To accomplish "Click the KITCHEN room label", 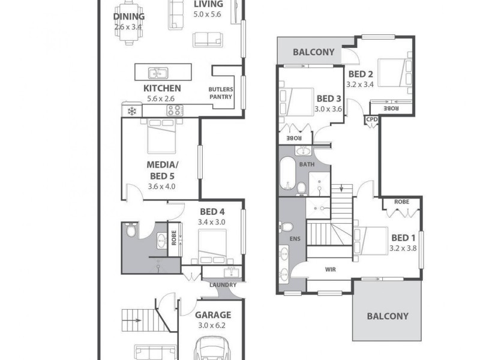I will coord(162,88).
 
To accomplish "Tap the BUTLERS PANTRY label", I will coord(220,93).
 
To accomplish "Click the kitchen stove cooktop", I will coord(175,110).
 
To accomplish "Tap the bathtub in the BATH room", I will coord(287,176).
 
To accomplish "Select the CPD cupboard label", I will coord(372,119).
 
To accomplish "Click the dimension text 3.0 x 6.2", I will coord(212,326).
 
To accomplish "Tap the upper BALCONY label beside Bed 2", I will coord(313,52).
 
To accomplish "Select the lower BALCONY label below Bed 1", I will coord(387,316).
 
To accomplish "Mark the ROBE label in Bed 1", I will coord(401,202).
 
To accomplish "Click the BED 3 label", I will coord(329,98).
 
